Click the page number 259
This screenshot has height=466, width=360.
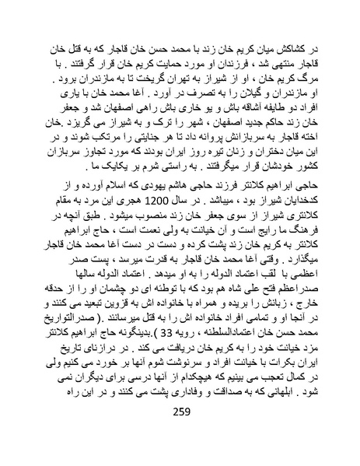click(180, 433)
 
